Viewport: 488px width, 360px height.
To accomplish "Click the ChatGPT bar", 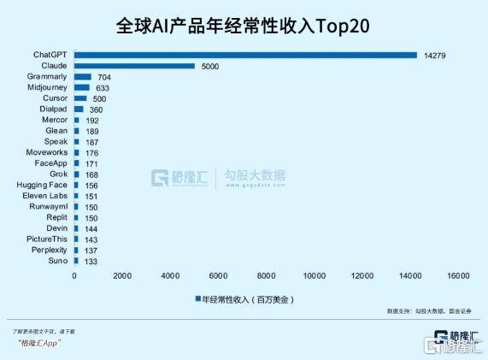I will coord(245,55).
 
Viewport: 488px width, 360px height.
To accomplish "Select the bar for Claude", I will coord(134,66).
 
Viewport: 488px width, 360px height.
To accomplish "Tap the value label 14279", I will coord(435,55).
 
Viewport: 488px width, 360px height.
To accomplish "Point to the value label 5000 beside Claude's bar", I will coord(211,66).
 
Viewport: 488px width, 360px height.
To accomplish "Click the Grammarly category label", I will coord(48,76).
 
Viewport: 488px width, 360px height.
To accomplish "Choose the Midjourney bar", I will coord(82,87).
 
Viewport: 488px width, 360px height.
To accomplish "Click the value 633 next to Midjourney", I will coord(104,87).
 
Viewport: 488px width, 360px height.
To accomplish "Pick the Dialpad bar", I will coord(79,109).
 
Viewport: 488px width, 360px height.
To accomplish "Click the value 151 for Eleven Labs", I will coord(92,196).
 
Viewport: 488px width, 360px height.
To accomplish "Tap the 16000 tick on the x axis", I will coord(458,275).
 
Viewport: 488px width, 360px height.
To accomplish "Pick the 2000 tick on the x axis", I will coord(122,275).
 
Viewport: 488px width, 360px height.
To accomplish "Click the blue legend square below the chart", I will coord(197,299).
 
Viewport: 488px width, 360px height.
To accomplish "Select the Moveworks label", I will coord(47,152).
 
